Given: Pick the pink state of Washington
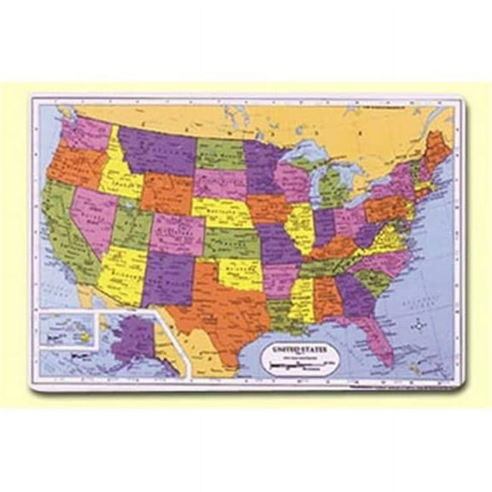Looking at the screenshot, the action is (85, 132).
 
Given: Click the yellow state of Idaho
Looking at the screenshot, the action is (120, 175).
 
